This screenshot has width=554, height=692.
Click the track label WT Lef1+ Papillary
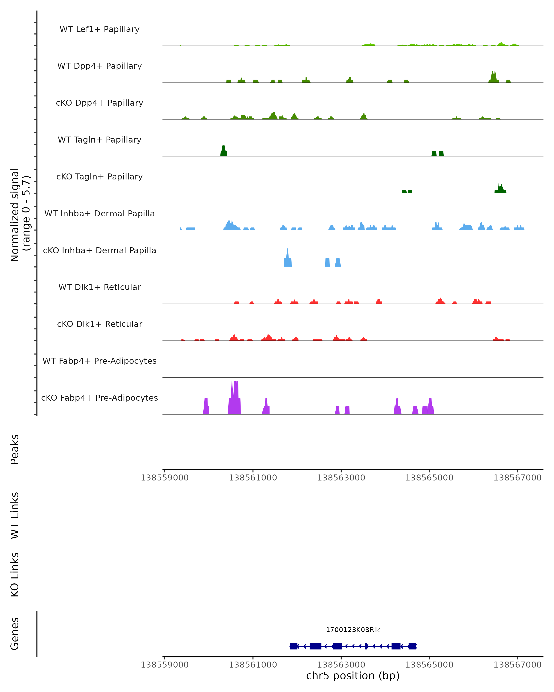[x=99, y=29]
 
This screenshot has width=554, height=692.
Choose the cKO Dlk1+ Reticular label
[x=99, y=324]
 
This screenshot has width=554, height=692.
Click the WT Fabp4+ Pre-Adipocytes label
[x=99, y=361]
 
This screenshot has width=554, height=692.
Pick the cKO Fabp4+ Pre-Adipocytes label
[x=99, y=398]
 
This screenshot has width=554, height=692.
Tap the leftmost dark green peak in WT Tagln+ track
[x=223, y=151]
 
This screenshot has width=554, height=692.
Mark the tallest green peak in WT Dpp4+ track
[x=494, y=77]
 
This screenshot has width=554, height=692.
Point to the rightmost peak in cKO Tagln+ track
[x=500, y=188]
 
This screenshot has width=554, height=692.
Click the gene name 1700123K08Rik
[x=353, y=630]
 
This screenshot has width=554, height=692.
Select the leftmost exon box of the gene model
[x=293, y=646]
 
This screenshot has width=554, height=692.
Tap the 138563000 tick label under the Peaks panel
[x=341, y=478]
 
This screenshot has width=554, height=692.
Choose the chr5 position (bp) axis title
[x=353, y=676]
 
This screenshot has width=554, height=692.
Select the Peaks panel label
[x=15, y=449]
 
